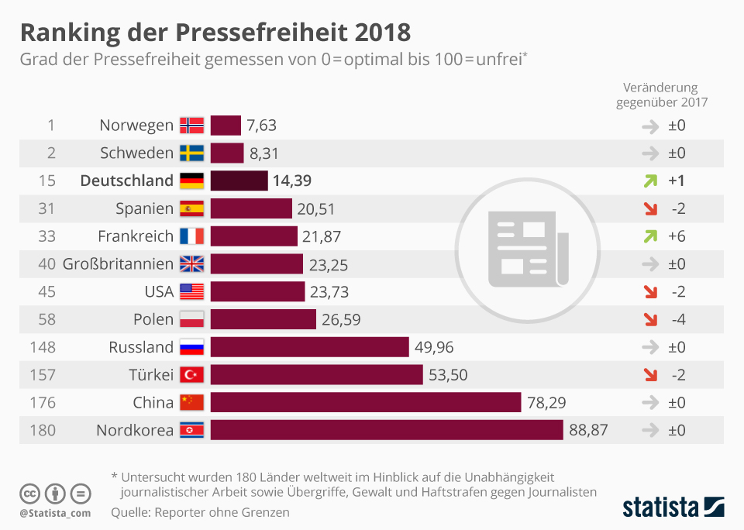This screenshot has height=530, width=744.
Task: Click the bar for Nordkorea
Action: pos(387,430)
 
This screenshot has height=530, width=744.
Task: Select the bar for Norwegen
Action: pos(226,125)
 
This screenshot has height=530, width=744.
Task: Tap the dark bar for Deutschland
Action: pos(239,181)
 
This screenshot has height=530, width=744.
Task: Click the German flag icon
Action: pos(191,181)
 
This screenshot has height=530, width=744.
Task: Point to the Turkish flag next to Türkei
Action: pos(191,375)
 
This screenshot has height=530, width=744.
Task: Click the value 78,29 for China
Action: pos(547,403)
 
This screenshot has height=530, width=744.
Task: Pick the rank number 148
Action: pos(42,347)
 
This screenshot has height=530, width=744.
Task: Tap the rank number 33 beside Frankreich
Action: pos(46,236)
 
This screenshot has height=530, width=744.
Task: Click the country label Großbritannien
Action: pos(118,264)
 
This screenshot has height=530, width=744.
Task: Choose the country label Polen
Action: pos(153,319)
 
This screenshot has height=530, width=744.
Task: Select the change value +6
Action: pos(677,236)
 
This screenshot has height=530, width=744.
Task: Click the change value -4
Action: pos(677,319)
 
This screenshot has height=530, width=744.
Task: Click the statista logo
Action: pos(673,508)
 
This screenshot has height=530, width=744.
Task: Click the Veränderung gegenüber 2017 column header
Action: pos(661,95)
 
